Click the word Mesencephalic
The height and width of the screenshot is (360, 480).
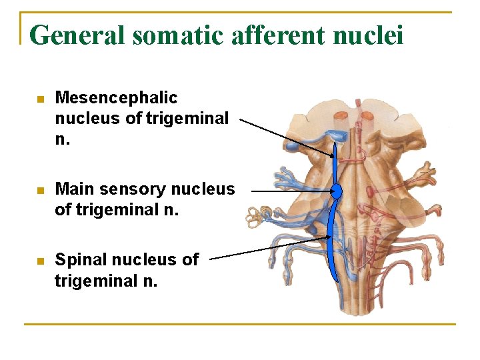pyautogui.click(x=116, y=98)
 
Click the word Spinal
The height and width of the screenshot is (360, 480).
pyautogui.click(x=80, y=259)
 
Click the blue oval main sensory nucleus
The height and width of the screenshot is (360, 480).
pyautogui.click(x=337, y=192)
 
